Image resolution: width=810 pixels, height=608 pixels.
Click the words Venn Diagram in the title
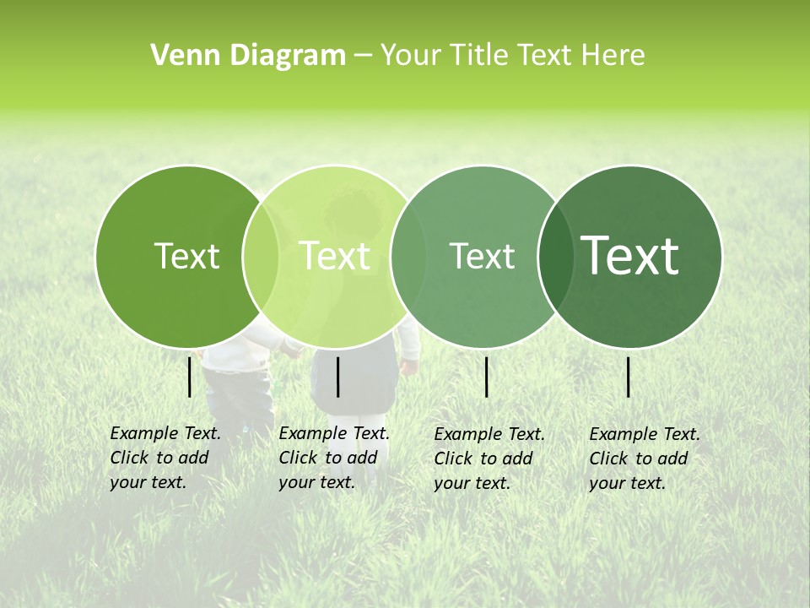(248, 56)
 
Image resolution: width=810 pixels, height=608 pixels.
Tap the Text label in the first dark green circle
(186, 256)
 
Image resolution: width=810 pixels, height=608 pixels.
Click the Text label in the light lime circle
(335, 256)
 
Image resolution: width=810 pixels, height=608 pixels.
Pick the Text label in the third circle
(482, 256)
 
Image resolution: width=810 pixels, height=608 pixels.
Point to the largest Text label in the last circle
(630, 255)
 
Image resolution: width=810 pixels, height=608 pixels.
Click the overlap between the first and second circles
(261, 257)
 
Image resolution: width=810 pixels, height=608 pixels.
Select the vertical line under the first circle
(190, 377)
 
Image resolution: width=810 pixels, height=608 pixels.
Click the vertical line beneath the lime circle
(338, 377)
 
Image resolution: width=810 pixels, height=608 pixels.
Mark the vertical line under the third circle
(487, 377)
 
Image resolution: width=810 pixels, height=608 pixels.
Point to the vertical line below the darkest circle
(629, 377)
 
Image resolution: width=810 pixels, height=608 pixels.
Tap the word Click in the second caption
(298, 458)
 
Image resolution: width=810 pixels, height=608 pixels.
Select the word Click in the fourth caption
(609, 459)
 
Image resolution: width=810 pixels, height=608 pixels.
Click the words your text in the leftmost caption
(148, 483)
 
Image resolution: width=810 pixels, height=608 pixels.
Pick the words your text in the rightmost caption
(627, 484)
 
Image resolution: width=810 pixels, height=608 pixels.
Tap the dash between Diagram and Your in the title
(363, 56)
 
